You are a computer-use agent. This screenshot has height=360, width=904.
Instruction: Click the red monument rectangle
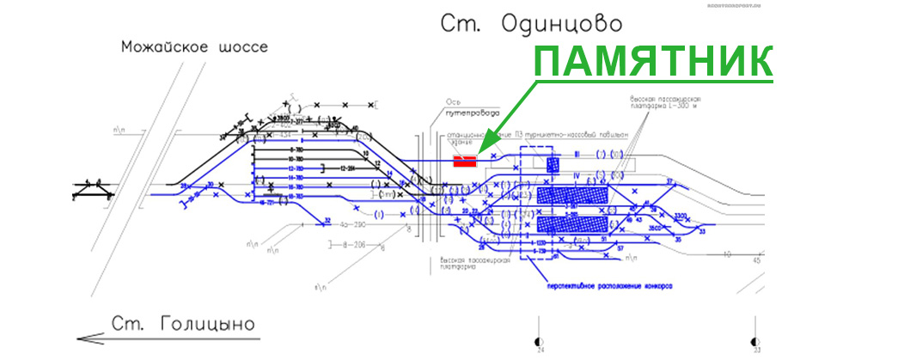[465, 160]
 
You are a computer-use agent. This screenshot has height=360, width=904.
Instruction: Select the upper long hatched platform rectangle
[571, 195]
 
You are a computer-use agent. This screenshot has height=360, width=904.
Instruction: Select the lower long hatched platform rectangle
[571, 225]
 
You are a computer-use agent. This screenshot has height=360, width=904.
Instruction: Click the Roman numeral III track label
[577, 154]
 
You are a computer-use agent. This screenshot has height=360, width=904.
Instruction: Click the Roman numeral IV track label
[577, 177]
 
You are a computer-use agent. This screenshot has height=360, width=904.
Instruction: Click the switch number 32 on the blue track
[327, 221]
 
